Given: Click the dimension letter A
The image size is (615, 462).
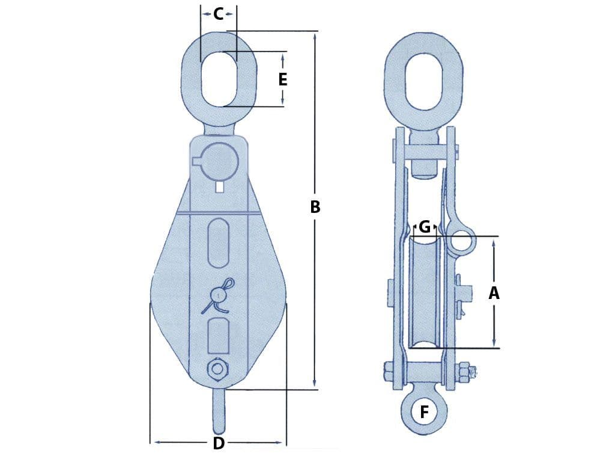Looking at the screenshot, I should (494, 294).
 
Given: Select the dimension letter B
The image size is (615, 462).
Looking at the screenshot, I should (315, 207).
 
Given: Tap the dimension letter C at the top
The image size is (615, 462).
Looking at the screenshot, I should (219, 14).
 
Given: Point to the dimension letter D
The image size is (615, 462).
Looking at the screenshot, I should (219, 444).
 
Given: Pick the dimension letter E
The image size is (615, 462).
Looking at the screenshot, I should (282, 79).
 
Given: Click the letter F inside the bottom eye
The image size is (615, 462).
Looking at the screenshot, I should (425, 412).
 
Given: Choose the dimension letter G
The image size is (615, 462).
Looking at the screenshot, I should (425, 227).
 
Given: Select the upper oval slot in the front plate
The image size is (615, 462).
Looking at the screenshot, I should (219, 242).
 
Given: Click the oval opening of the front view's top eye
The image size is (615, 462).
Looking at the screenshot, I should (218, 79).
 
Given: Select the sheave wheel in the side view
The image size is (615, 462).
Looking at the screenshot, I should (425, 292).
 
